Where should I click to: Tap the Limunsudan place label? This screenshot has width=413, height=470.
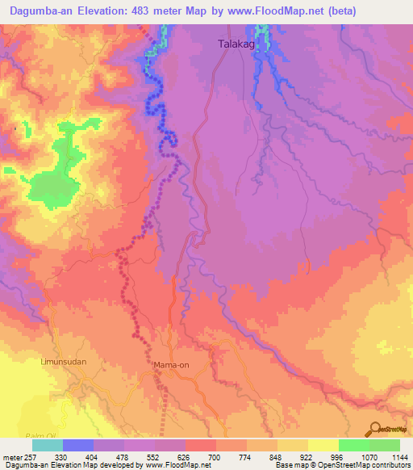click(63, 363)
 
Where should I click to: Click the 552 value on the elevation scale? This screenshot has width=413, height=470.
click(156, 455)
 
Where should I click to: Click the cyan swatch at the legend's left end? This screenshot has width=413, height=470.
click(48, 445)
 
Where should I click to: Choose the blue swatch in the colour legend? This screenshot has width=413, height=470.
click(78, 445)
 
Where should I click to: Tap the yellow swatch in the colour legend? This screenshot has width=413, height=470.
click(292, 445)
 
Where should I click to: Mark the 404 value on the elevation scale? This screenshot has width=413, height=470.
click(94, 455)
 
